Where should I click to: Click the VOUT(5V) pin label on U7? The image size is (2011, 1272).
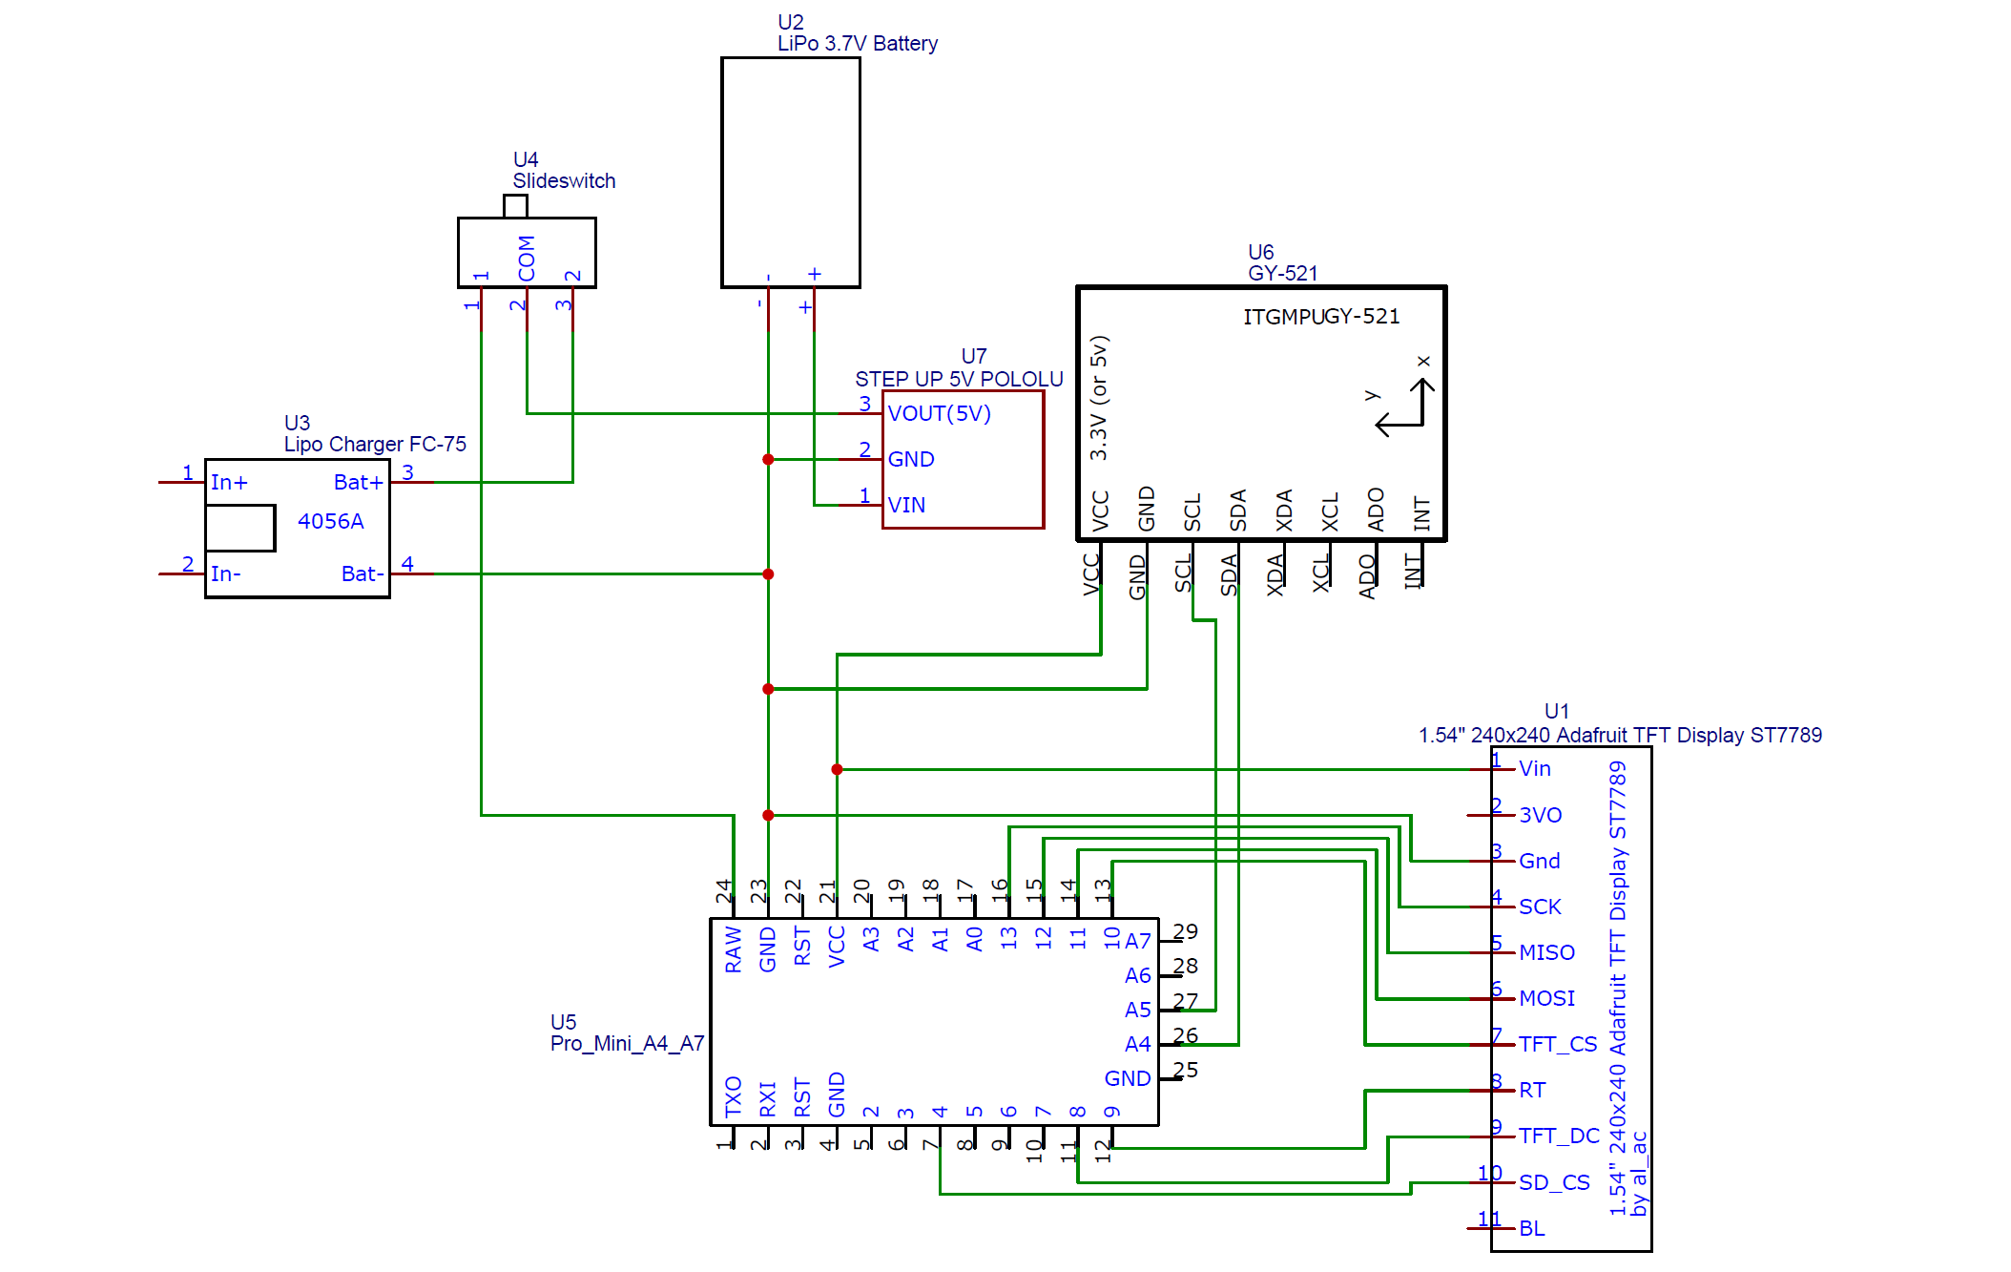point(939,413)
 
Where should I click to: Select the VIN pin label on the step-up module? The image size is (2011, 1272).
point(905,505)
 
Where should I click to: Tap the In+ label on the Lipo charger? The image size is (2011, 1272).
point(229,483)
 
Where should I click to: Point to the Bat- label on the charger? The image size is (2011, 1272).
point(363,573)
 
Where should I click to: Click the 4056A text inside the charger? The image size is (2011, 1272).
point(330,521)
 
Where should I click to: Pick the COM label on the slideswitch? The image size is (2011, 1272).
point(527,258)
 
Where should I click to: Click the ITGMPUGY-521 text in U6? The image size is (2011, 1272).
point(1320,317)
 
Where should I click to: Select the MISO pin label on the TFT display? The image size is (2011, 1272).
point(1545,952)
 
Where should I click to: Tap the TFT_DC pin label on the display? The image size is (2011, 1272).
point(1558,1136)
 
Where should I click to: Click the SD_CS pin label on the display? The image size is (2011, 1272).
point(1553,1182)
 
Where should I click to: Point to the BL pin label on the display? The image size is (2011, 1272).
point(1531,1228)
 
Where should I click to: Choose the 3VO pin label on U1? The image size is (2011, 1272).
point(1540,815)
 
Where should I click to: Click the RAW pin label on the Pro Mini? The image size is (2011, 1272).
point(733,949)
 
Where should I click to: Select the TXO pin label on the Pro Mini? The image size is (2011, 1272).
point(733,1096)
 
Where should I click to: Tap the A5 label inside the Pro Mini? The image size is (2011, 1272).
point(1137,1010)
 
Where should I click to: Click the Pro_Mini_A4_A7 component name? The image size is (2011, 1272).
point(627,1044)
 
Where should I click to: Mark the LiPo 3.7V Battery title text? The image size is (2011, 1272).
point(857,44)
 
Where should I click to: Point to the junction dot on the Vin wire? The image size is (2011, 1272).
point(837,769)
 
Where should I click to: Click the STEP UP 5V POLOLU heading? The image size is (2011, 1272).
point(958,379)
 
